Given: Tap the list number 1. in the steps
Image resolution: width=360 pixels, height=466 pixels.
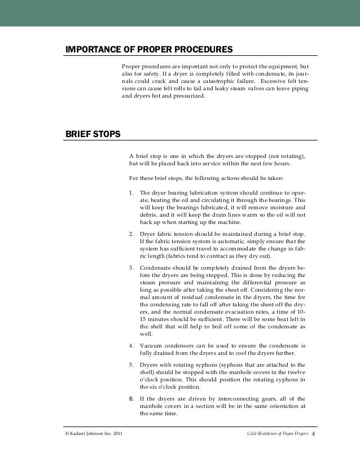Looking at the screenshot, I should click(131, 192).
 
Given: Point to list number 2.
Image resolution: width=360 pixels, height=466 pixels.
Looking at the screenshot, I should click(131, 234).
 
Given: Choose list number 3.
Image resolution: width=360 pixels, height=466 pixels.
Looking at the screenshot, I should click(131, 267).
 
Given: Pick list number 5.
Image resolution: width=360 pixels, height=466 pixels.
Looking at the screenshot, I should click(131, 364).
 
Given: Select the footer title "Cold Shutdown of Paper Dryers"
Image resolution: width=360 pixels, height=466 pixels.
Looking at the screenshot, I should click(278, 433).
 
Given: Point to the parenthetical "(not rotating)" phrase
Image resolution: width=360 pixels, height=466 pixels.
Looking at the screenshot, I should click(287, 156).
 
